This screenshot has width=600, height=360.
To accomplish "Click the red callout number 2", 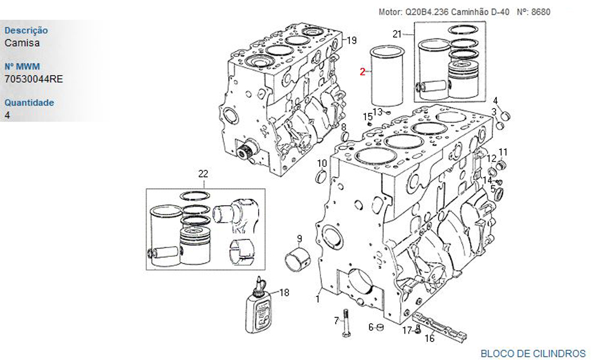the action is [x=362, y=71].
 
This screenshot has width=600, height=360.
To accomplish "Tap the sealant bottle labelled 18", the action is [x=259, y=305].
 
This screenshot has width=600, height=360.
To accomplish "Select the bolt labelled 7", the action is [x=346, y=323].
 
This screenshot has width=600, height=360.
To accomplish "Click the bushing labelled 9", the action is [x=298, y=257].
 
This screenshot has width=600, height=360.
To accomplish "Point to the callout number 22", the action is [x=203, y=174].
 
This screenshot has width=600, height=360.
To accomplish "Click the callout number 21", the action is [x=397, y=34].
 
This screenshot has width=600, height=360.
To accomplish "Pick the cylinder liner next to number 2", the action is [x=387, y=76].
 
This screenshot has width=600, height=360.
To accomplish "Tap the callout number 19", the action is [x=352, y=40].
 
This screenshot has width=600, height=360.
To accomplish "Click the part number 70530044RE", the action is [x=34, y=79].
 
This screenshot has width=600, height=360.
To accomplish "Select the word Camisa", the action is [x=22, y=43].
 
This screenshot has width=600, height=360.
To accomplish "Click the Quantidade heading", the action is [x=29, y=103].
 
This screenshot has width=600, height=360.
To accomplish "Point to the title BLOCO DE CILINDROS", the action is [x=533, y=353].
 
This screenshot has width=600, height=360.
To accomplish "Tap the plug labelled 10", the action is [x=321, y=177].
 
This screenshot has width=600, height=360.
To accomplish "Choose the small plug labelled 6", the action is [x=380, y=327].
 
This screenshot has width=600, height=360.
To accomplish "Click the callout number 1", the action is [x=317, y=299].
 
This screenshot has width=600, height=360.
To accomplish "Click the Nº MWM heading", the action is [x=22, y=66].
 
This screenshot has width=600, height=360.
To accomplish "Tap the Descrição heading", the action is [x=26, y=30].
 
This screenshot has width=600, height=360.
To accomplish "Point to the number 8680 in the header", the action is [x=541, y=12].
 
